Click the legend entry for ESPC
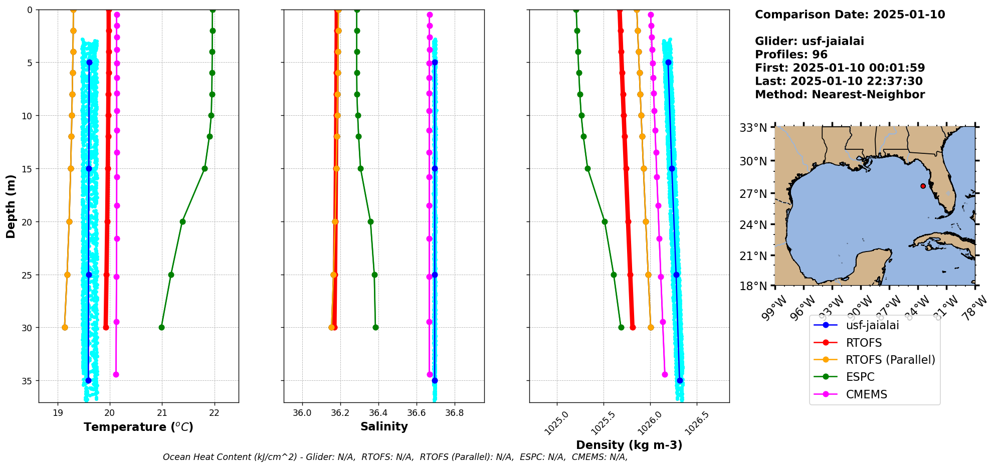tap(860, 377)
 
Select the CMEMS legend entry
tap(866, 394)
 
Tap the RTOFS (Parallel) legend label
tap(890, 360)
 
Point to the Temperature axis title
tap(138, 427)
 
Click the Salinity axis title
tap(384, 426)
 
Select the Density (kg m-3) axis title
tap(629, 445)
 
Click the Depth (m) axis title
tap(11, 206)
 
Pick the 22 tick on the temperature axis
tap(215, 413)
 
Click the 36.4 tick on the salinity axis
tap(378, 413)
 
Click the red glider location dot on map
tap(923, 186)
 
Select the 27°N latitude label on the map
tap(753, 194)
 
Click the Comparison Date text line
tap(850, 15)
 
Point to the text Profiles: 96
tap(791, 55)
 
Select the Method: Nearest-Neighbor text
tap(840, 94)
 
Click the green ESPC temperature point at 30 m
tap(161, 327)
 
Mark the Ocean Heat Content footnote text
tap(395, 457)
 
